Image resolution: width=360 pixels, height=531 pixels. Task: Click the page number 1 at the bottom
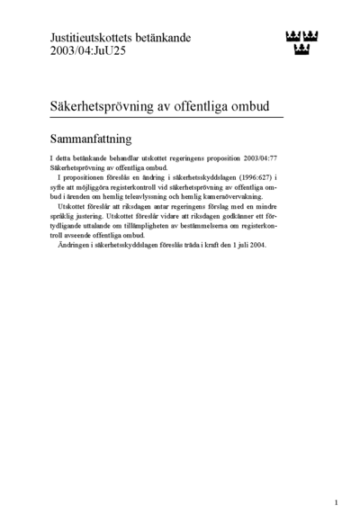coord(336,502)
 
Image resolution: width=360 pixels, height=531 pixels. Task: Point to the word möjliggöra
coord(106,186)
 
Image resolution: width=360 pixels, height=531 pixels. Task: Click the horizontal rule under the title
coord(166,117)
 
